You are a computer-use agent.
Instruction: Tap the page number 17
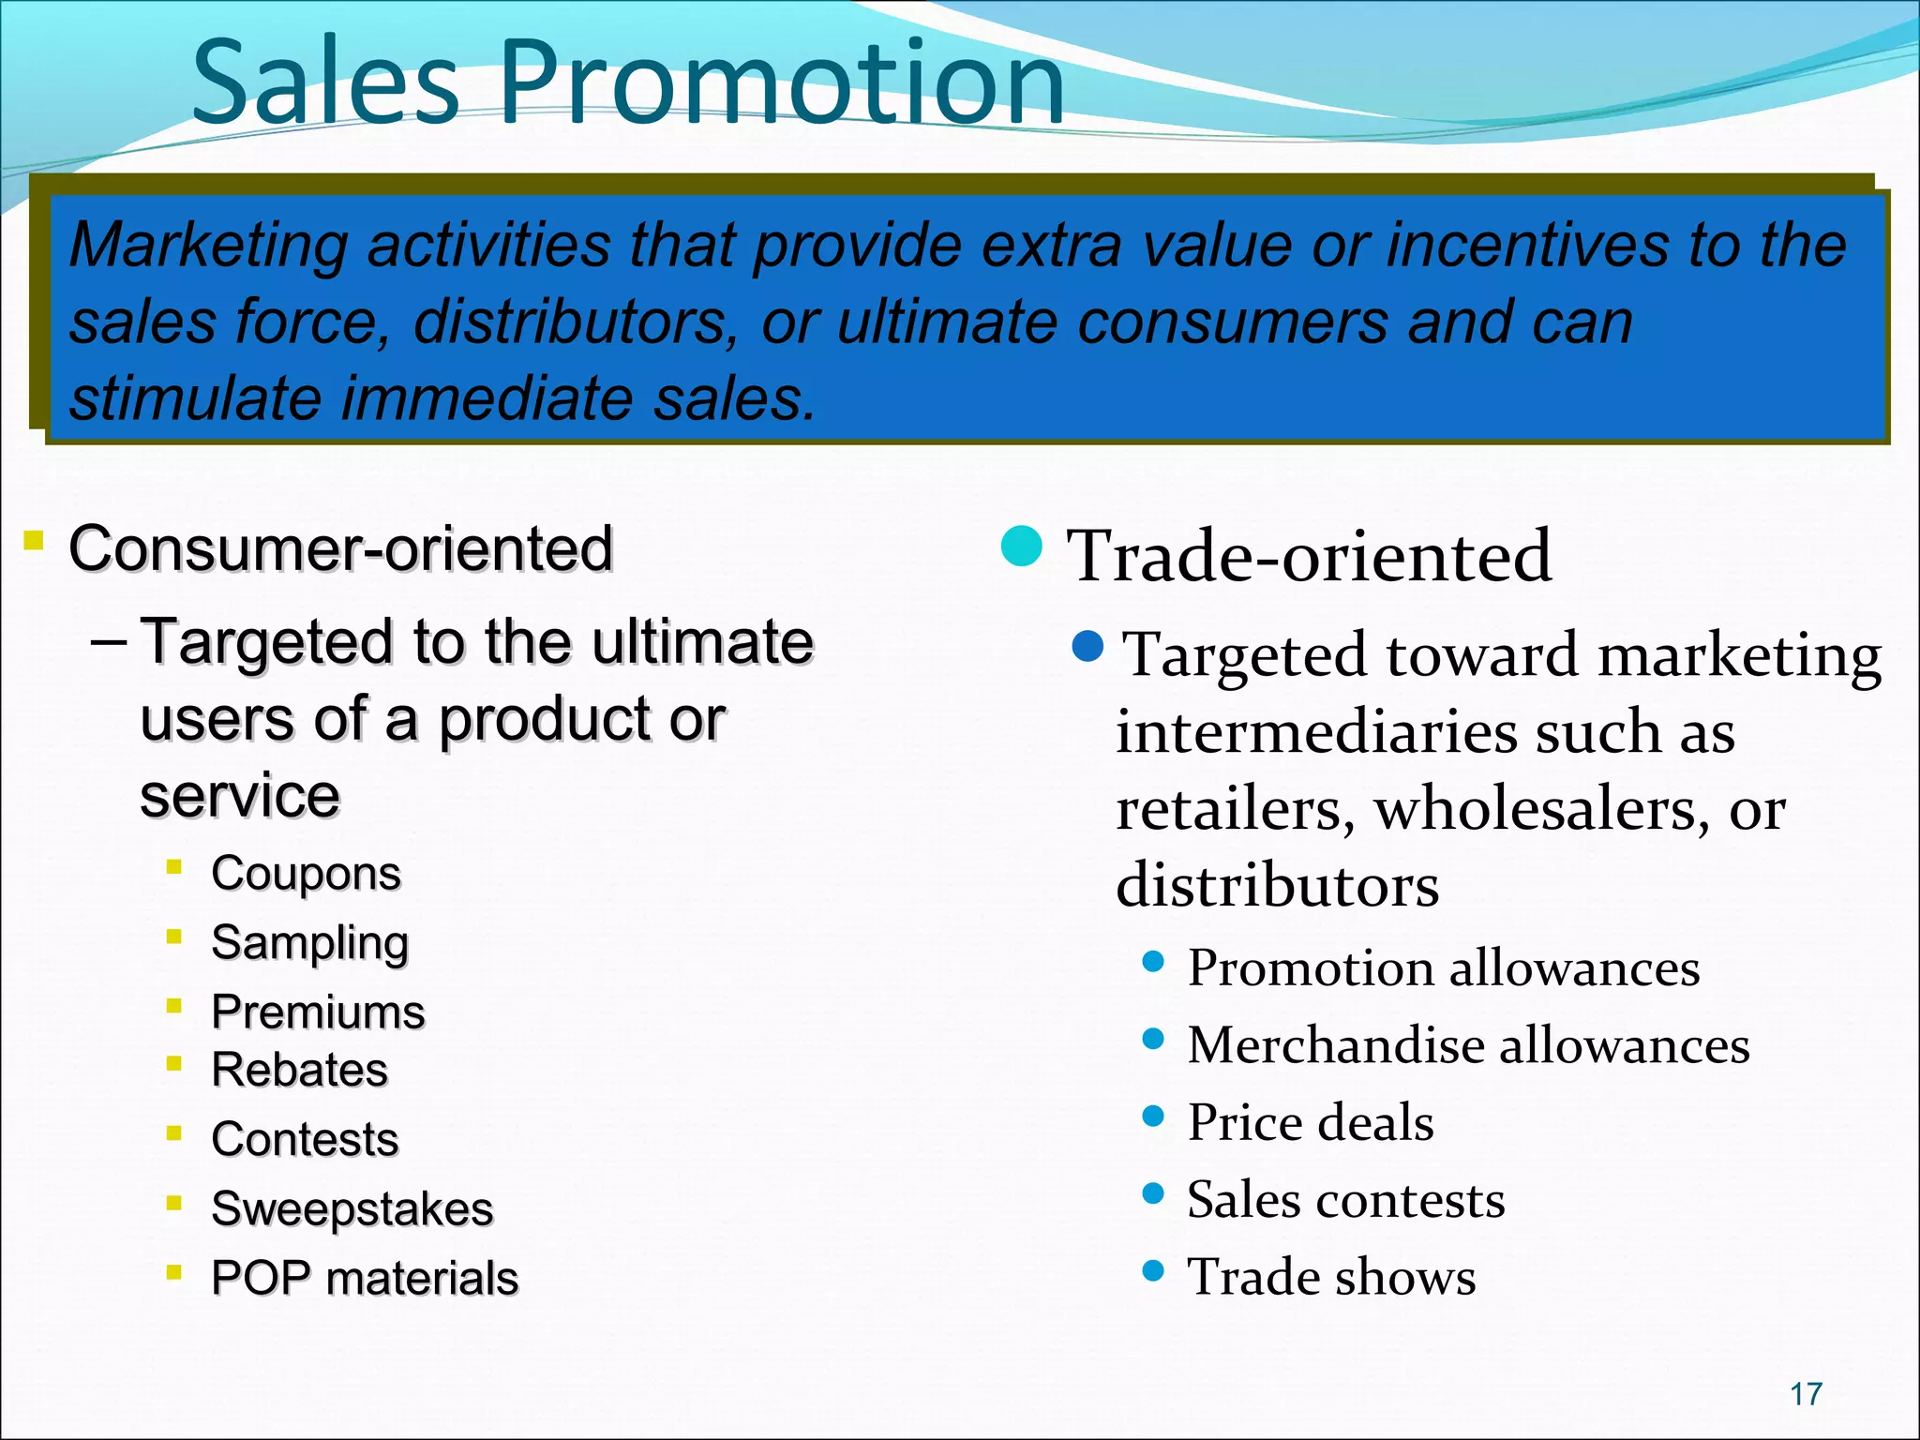1806,1394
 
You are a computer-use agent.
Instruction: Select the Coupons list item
306,874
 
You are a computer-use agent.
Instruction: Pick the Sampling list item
309,942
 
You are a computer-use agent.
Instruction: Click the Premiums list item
318,1012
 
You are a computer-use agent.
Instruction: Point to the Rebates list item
299,1070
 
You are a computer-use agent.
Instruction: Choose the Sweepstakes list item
352,1208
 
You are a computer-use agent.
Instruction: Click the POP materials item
365,1278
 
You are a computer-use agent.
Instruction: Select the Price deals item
1310,1122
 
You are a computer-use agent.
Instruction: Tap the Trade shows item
1331,1277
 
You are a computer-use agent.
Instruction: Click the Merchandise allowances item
1468,1045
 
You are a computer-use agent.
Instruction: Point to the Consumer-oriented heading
340,548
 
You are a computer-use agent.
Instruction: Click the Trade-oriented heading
1309,556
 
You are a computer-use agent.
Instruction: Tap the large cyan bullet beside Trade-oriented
1022,547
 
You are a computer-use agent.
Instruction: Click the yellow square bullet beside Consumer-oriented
34,540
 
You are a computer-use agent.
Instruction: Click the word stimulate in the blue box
196,398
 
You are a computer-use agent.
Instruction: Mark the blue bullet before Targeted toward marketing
1087,646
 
